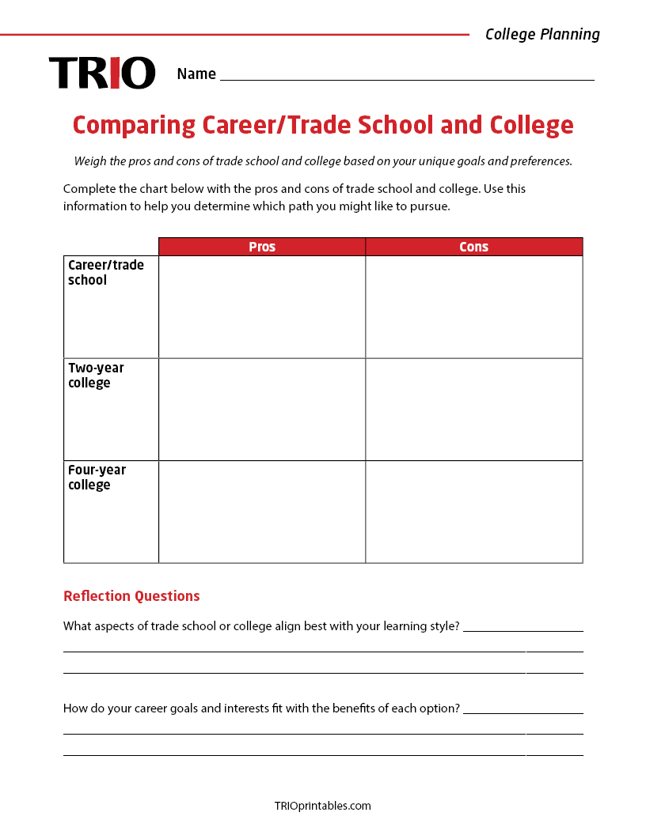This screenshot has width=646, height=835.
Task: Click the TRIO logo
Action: click(102, 73)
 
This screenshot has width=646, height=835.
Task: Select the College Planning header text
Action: click(542, 34)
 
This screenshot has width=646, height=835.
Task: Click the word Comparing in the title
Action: click(134, 125)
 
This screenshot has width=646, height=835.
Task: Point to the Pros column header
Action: click(262, 247)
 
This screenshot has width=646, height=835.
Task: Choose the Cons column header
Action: click(473, 247)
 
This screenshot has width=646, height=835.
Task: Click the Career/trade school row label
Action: click(105, 273)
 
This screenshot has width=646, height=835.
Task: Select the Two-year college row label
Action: click(96, 376)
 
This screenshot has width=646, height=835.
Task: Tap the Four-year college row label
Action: click(97, 478)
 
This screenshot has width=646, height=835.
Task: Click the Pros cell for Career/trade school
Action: click(262, 307)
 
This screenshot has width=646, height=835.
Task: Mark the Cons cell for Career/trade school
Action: click(473, 307)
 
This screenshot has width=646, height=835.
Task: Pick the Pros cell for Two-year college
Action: click(262, 410)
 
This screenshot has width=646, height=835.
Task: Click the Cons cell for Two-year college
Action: click(473, 410)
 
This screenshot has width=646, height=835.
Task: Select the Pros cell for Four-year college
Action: click(262, 512)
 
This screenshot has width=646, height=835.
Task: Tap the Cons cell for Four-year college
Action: click(473, 512)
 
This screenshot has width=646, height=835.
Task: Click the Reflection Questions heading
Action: click(131, 596)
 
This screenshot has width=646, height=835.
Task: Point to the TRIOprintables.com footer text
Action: click(322, 806)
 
